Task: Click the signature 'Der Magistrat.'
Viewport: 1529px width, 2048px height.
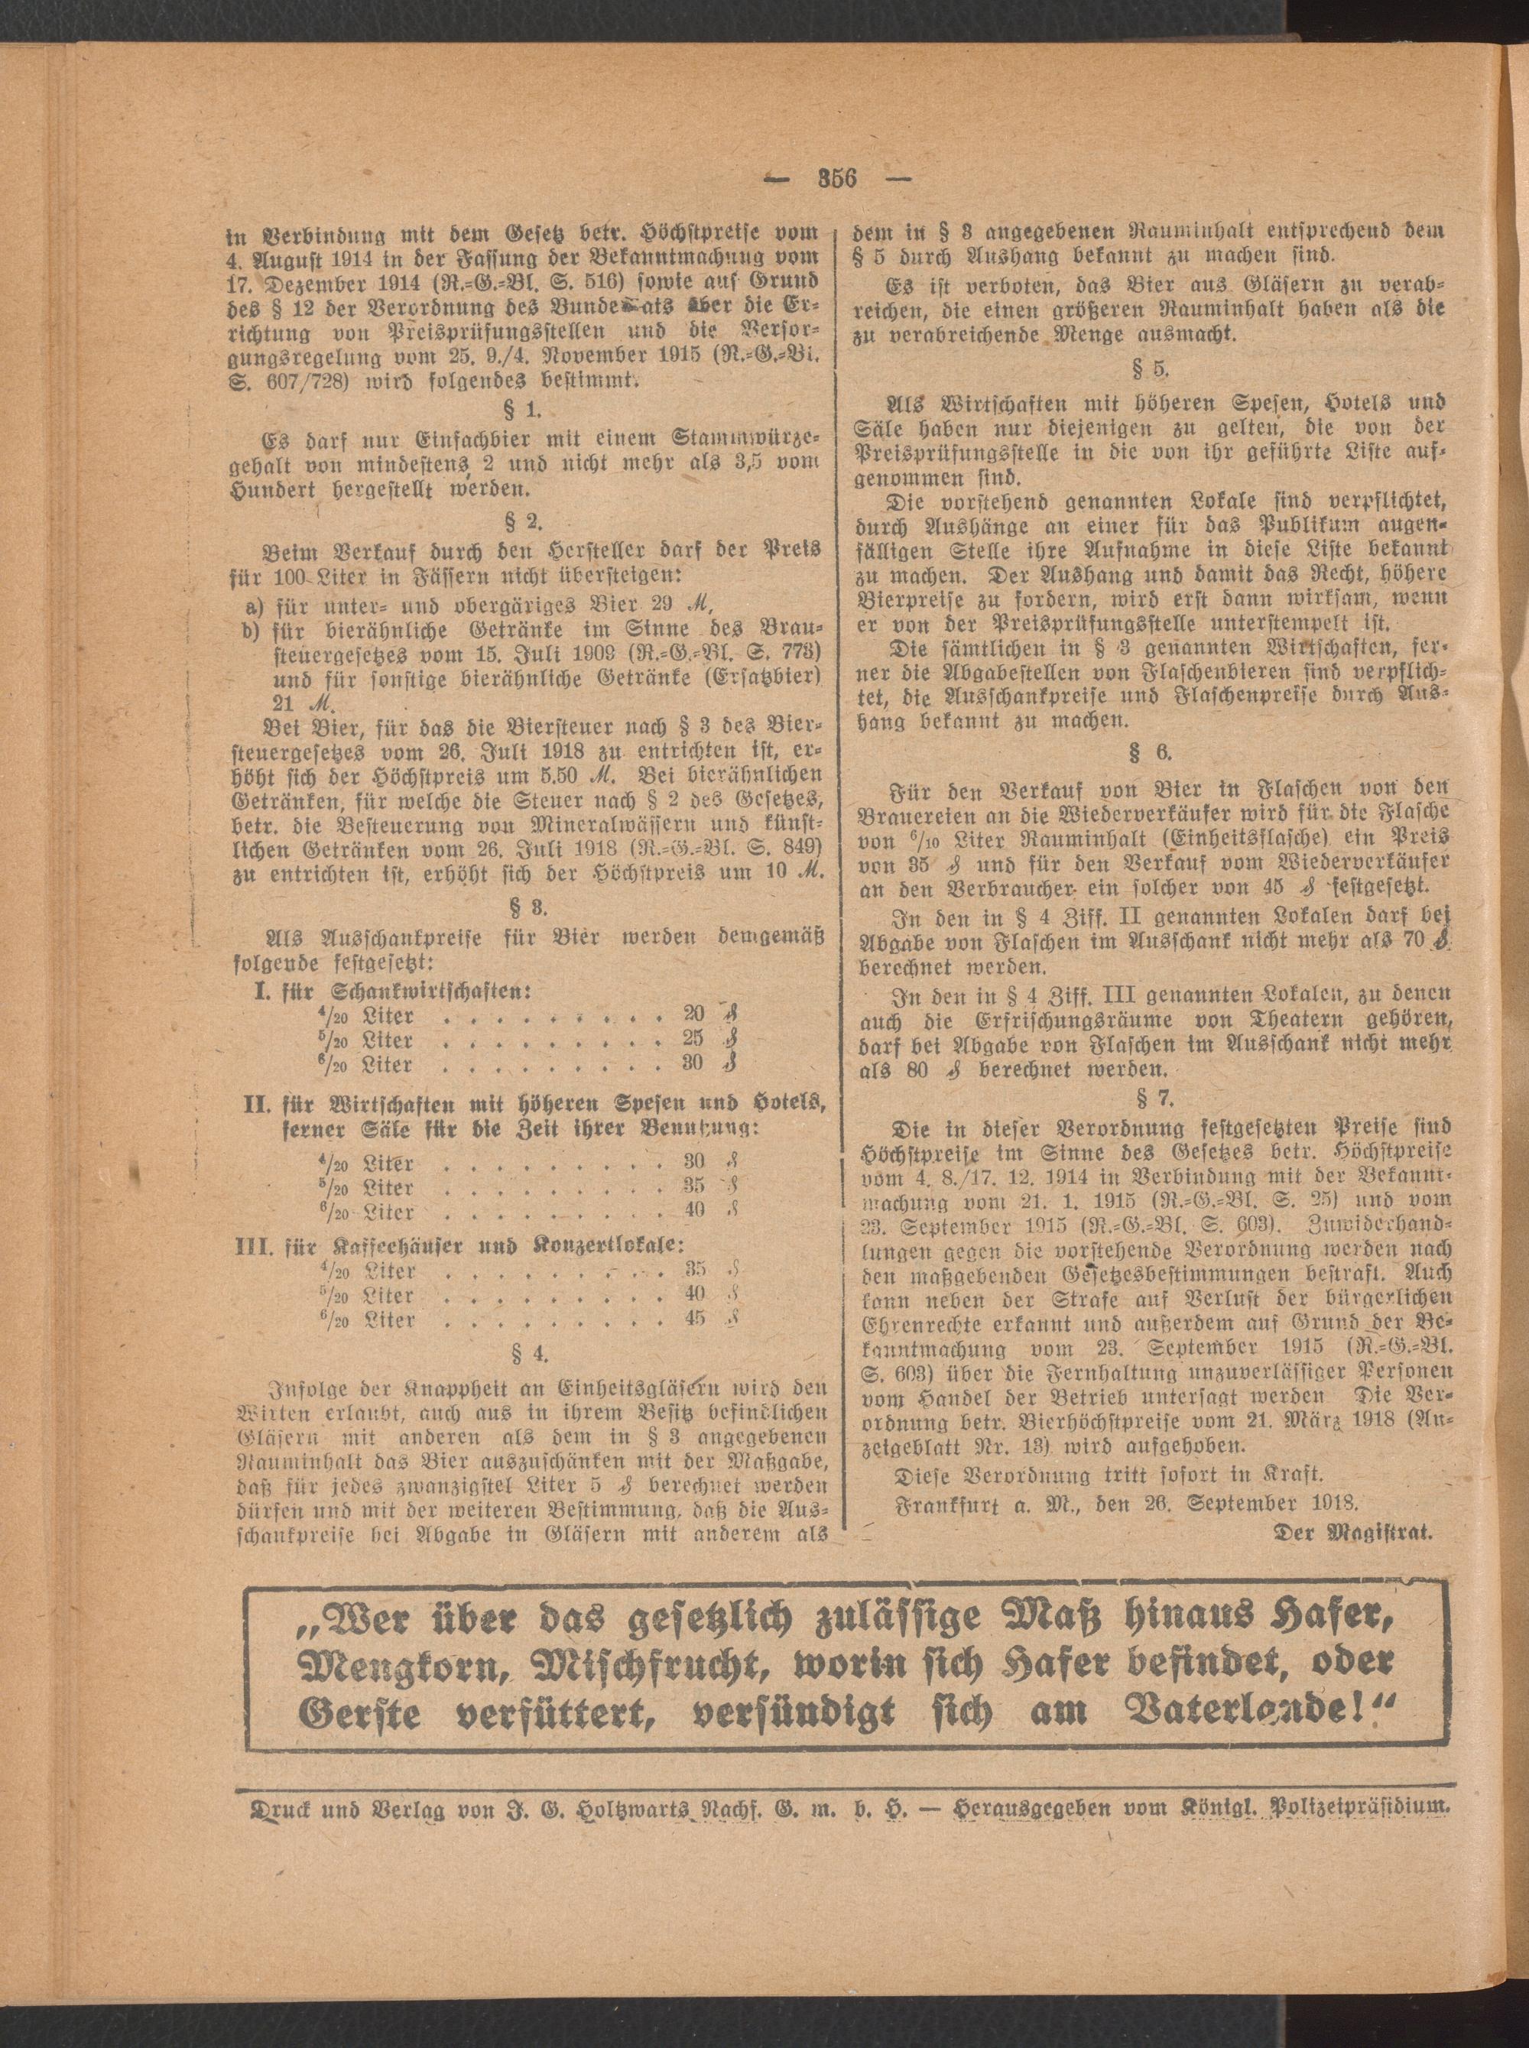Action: [1354, 1531]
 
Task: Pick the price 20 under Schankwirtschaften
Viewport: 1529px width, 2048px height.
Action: [693, 1015]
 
